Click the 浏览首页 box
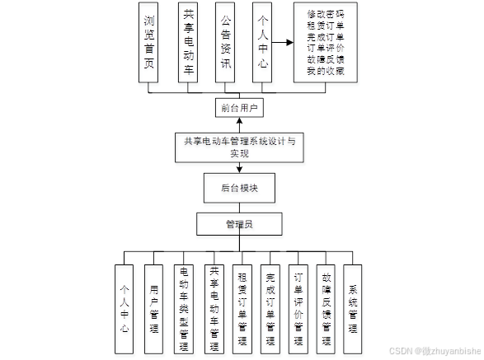[148, 43]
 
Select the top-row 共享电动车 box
[189, 43]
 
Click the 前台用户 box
[239, 108]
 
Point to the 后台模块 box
[239, 188]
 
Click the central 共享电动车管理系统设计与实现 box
[239, 147]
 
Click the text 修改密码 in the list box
[324, 14]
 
